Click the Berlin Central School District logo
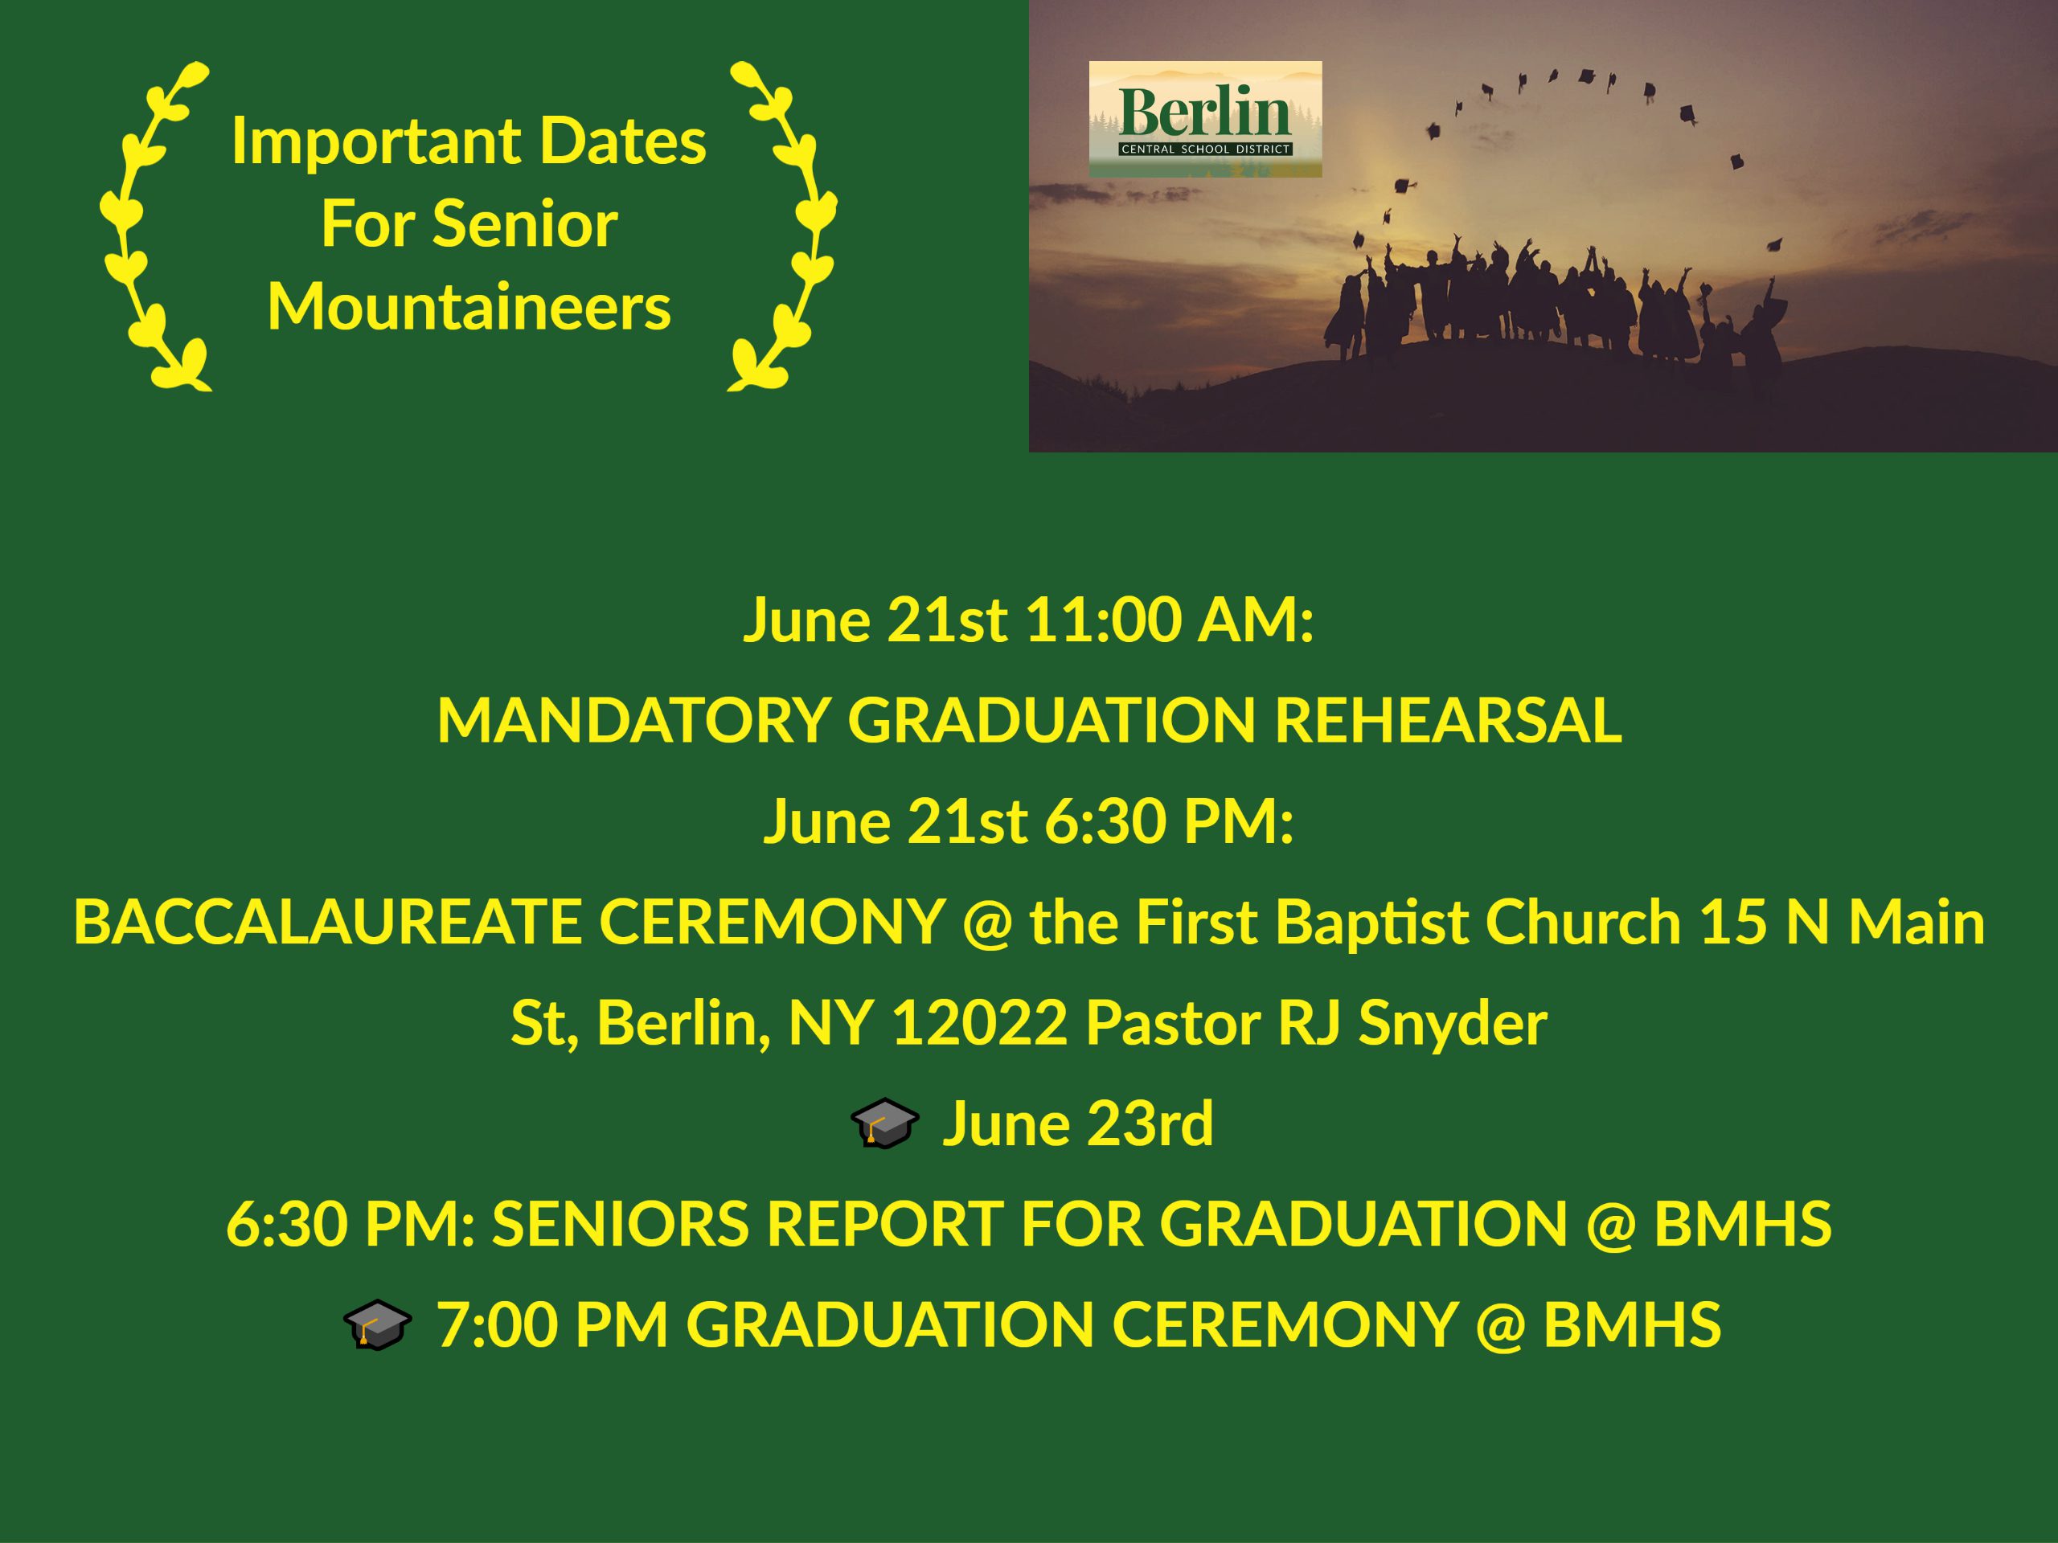point(1205,119)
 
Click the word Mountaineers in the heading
point(469,307)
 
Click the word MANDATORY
point(633,721)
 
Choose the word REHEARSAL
point(1448,721)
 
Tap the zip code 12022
point(979,1023)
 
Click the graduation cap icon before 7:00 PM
point(377,1325)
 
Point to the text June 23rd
point(1077,1124)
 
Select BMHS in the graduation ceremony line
point(1633,1324)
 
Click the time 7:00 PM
point(552,1324)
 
